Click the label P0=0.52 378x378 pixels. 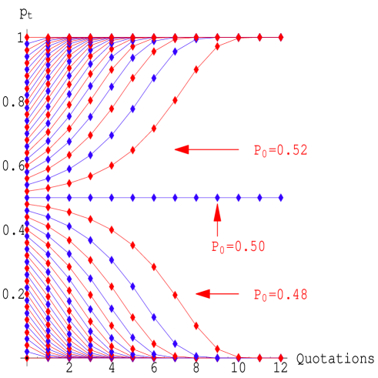[281, 151]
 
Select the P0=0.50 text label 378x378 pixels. [238, 247]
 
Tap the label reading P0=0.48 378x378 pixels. [281, 295]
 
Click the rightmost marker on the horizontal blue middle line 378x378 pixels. [281, 198]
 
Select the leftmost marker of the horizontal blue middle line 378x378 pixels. [27, 198]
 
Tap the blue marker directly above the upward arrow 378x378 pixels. [217, 198]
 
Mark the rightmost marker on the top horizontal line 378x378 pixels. [281, 37]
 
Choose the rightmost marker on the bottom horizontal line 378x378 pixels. [281, 358]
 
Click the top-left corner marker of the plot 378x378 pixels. [27, 37]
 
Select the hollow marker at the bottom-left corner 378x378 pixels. [27, 358]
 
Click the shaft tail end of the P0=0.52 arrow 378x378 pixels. [239, 149]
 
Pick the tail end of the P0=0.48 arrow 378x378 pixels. [239, 293]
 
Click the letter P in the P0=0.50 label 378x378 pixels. [215, 247]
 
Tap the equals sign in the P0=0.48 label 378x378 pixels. [273, 295]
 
